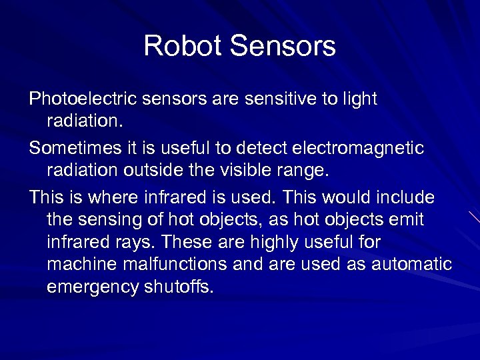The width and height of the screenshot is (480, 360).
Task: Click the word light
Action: pyautogui.click(x=359, y=99)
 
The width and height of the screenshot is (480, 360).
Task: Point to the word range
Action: pyautogui.click(x=306, y=171)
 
